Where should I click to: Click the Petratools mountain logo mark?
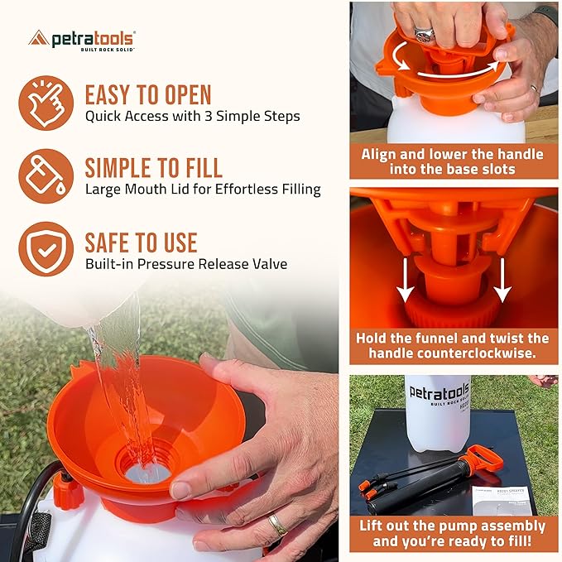[x=38, y=38]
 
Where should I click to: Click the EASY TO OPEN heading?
[x=148, y=94]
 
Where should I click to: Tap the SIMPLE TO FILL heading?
[x=153, y=168]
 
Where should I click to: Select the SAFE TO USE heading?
[x=141, y=243]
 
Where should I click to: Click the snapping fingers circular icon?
[x=46, y=103]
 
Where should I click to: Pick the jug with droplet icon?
[x=46, y=176]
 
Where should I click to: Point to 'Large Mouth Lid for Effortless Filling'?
[x=203, y=190]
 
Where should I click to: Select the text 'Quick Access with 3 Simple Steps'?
[x=192, y=116]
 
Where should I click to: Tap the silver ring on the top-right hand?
[x=425, y=35]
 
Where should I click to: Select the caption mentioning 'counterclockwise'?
[x=453, y=346]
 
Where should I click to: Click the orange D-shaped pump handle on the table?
[x=483, y=458]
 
